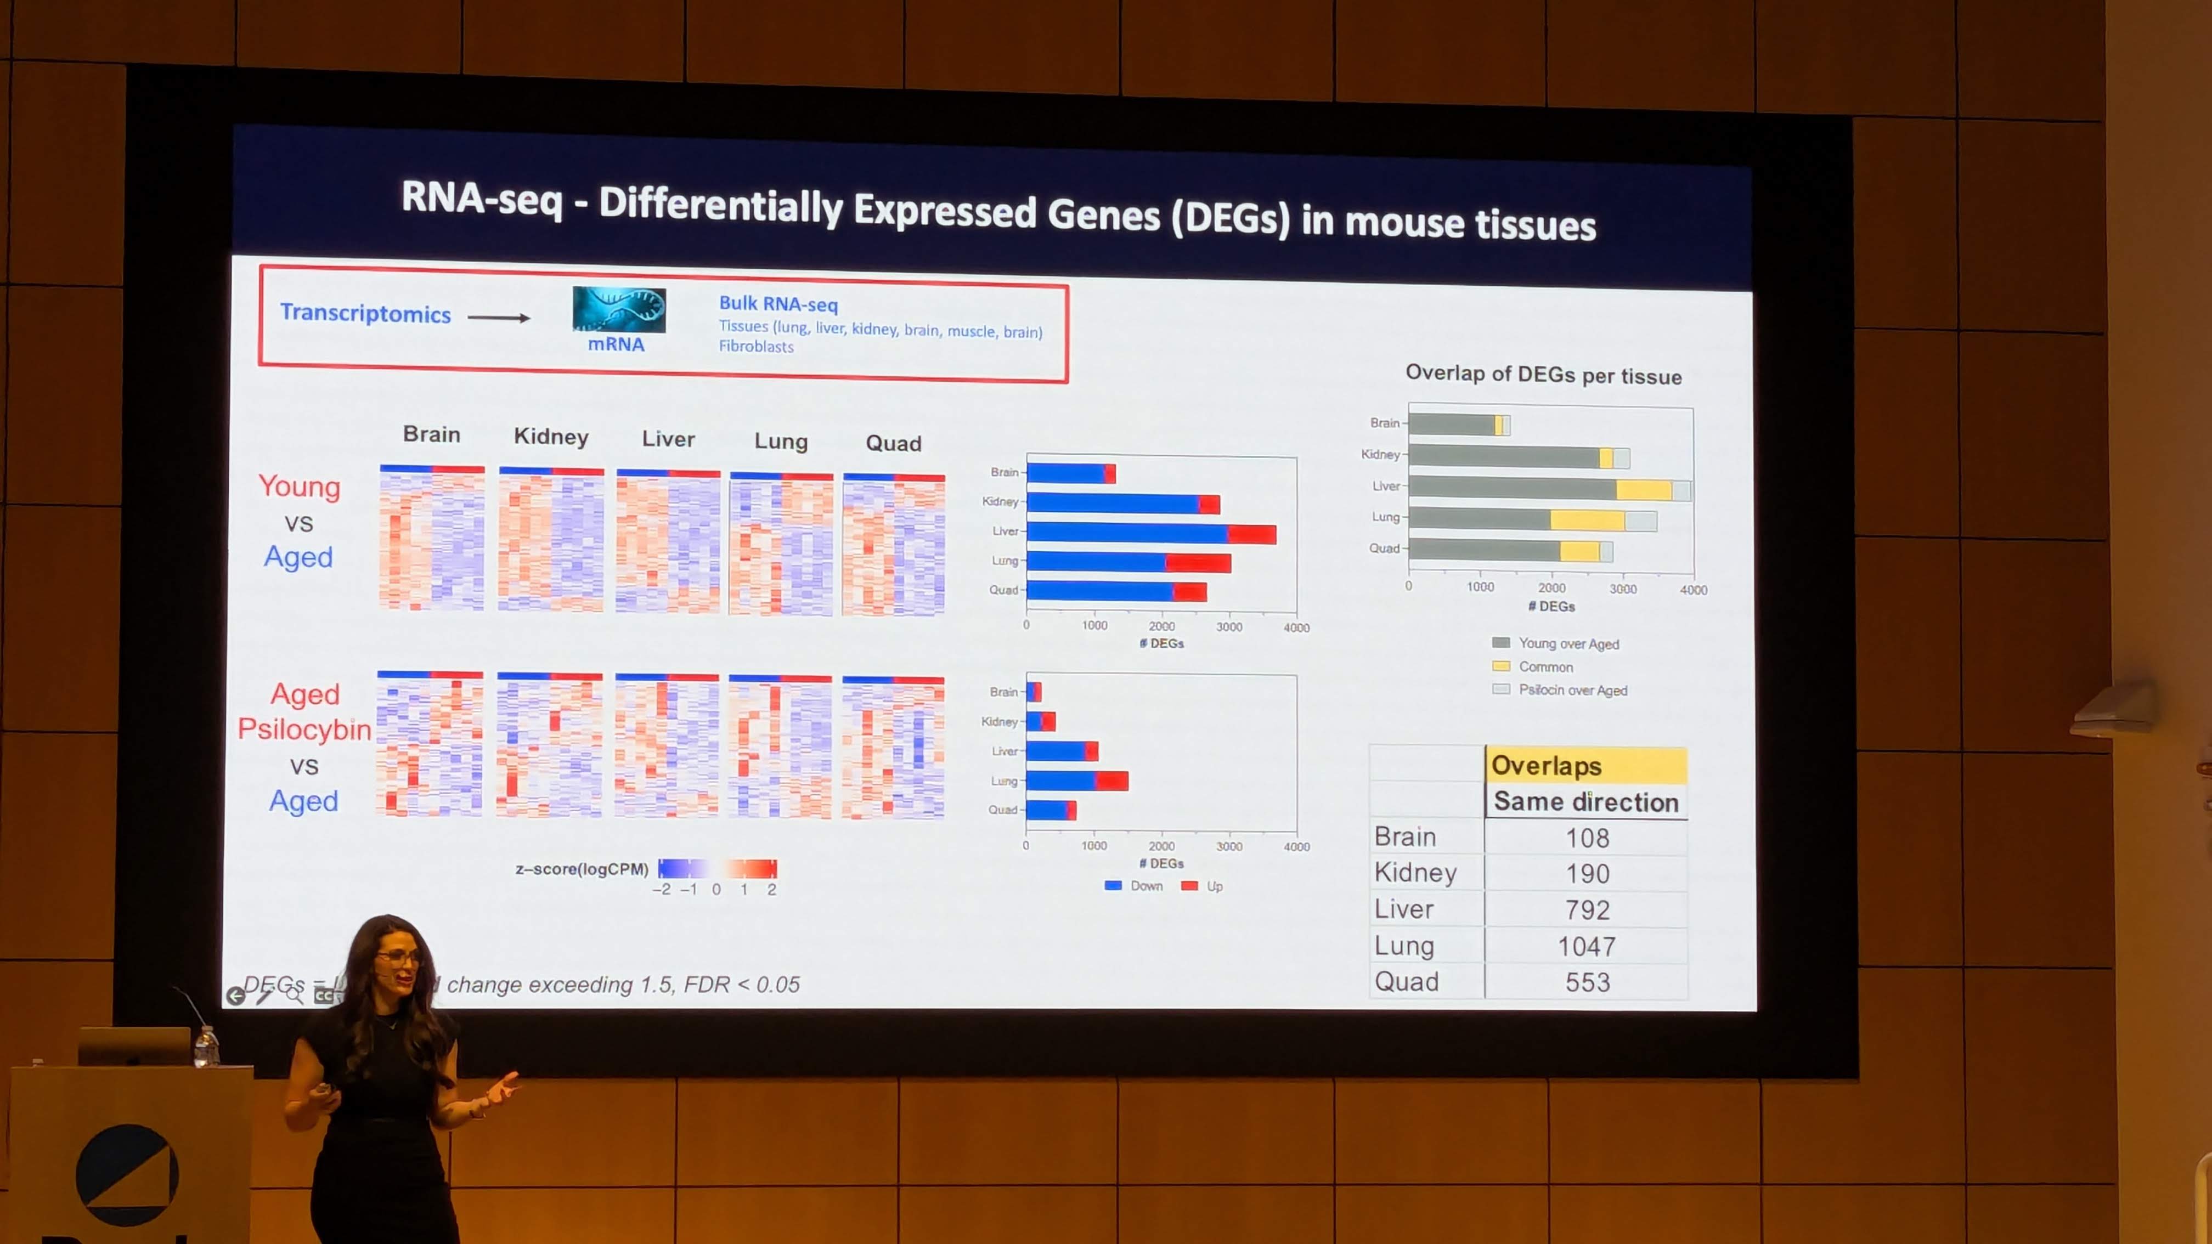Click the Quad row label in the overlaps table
(1407, 981)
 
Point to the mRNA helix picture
(618, 310)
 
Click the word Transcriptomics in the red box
(365, 313)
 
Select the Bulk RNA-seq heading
(778, 304)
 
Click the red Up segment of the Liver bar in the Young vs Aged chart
(1251, 534)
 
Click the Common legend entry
(1545, 667)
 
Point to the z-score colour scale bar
(717, 868)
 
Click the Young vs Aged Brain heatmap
(432, 538)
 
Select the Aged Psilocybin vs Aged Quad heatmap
(893, 747)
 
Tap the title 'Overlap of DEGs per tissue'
(1543, 375)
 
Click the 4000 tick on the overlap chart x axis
(1692, 590)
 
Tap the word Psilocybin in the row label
(304, 729)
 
